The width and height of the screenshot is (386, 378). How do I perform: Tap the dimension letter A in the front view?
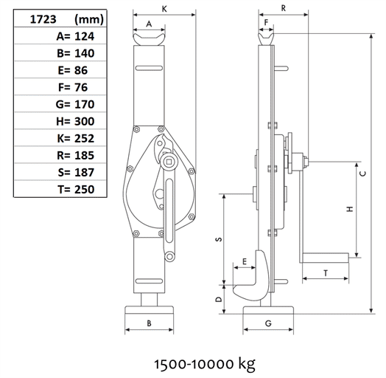(x=150, y=24)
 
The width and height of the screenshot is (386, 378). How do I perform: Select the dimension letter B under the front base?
(x=150, y=323)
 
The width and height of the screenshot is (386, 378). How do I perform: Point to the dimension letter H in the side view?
(x=349, y=209)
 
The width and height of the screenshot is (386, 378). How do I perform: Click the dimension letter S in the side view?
(x=218, y=240)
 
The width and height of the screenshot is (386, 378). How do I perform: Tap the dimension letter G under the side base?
(x=268, y=323)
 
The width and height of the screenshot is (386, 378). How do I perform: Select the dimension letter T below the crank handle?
(x=325, y=272)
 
